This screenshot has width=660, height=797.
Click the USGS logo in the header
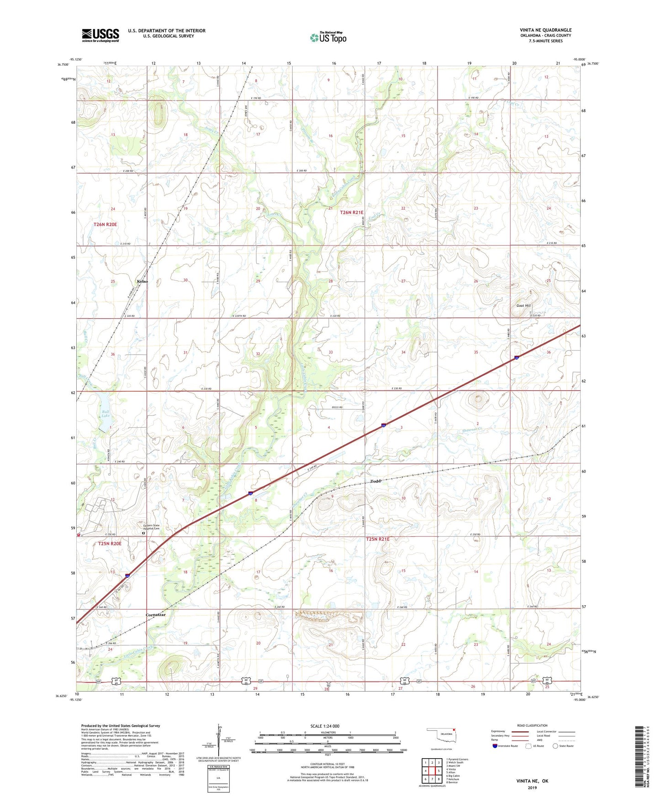pyautogui.click(x=100, y=35)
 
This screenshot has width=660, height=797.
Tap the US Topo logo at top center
pyautogui.click(x=328, y=37)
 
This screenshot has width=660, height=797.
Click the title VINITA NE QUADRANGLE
pyautogui.click(x=545, y=30)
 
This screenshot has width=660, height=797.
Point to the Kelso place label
pyautogui.click(x=142, y=281)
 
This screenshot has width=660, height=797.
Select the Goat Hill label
pyautogui.click(x=523, y=306)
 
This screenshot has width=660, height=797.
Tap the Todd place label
pyautogui.click(x=375, y=481)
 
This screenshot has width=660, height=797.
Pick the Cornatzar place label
pyautogui.click(x=155, y=615)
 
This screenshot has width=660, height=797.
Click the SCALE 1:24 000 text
pyautogui.click(x=325, y=726)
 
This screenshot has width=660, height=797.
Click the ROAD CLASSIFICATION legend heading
pyautogui.click(x=532, y=725)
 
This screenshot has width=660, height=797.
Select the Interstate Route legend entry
pyautogui.click(x=505, y=746)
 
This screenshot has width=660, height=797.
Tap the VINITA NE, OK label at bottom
pyautogui.click(x=532, y=781)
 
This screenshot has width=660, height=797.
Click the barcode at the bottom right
pyautogui.click(x=639, y=756)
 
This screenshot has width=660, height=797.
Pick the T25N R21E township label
pyautogui.click(x=377, y=539)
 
